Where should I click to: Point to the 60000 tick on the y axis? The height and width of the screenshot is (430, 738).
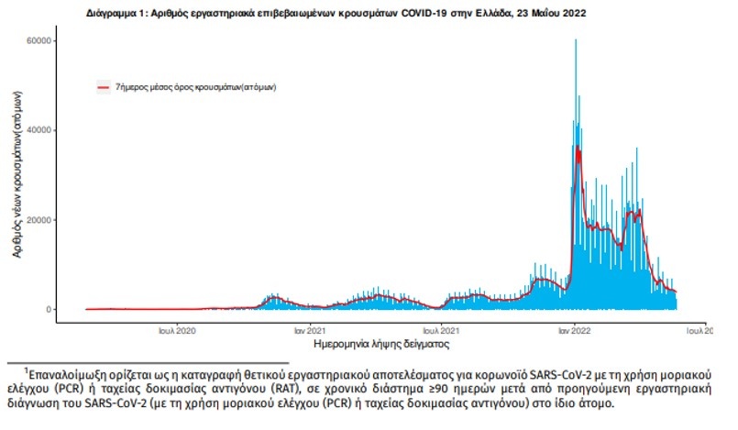38,41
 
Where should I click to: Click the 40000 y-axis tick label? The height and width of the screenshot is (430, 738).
38,130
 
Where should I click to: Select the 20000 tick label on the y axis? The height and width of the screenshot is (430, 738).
38,220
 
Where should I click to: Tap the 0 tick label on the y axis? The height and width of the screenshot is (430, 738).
48,309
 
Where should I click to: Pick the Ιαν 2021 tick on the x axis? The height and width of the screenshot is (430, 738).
312,330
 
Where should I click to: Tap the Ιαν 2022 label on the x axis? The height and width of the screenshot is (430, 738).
575,330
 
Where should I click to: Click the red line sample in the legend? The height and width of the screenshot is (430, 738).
104,87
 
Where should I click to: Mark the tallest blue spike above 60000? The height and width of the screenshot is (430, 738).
576,42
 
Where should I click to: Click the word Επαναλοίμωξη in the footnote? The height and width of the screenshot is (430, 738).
68,374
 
